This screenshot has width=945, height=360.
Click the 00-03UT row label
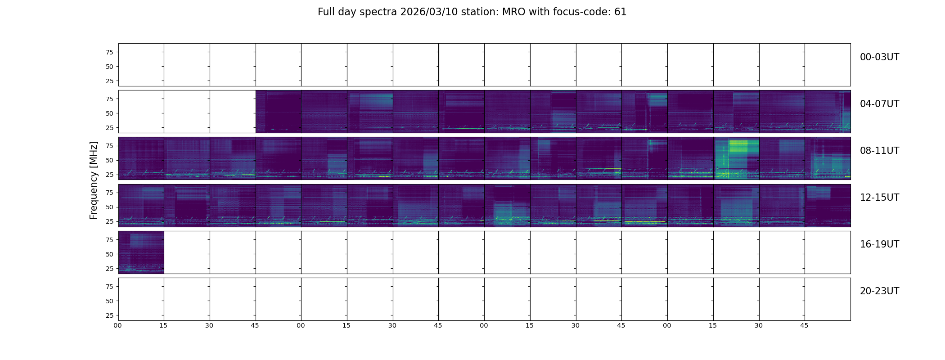879,57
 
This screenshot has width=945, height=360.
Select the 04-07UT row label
879,104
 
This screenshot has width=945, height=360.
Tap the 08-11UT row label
879,151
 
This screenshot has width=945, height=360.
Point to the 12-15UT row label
879,198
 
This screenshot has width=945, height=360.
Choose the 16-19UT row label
879,244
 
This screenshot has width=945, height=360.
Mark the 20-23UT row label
879,291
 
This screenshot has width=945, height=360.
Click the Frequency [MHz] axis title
94,180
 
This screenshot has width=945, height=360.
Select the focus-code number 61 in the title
620,12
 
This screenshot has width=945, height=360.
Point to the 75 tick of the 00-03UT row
109,52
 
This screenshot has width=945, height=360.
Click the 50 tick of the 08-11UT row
109,160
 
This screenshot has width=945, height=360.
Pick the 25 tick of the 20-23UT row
109,315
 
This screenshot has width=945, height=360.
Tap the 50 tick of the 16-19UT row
109,254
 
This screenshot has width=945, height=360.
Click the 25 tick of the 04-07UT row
109,128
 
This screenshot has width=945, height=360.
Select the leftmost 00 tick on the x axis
118,325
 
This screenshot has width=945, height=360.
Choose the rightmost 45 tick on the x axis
804,325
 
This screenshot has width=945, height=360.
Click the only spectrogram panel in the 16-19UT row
141,252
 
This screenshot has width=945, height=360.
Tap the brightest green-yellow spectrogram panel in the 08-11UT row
736,158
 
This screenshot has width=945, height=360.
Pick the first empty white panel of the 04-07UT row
141,112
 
